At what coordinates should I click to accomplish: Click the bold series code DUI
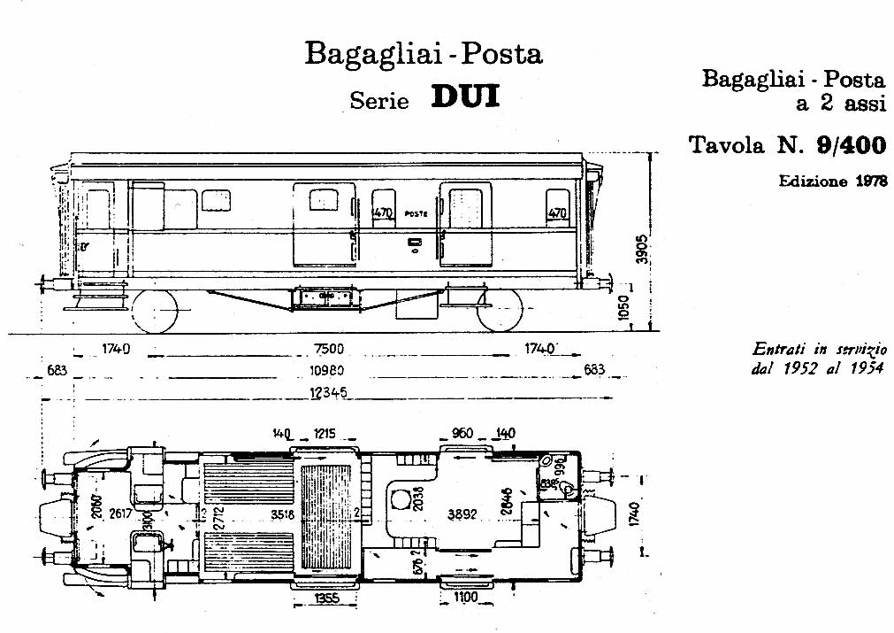click(465, 96)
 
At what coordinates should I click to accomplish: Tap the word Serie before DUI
click(379, 100)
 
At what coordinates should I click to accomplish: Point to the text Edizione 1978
click(832, 181)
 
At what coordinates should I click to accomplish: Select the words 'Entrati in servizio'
click(818, 350)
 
